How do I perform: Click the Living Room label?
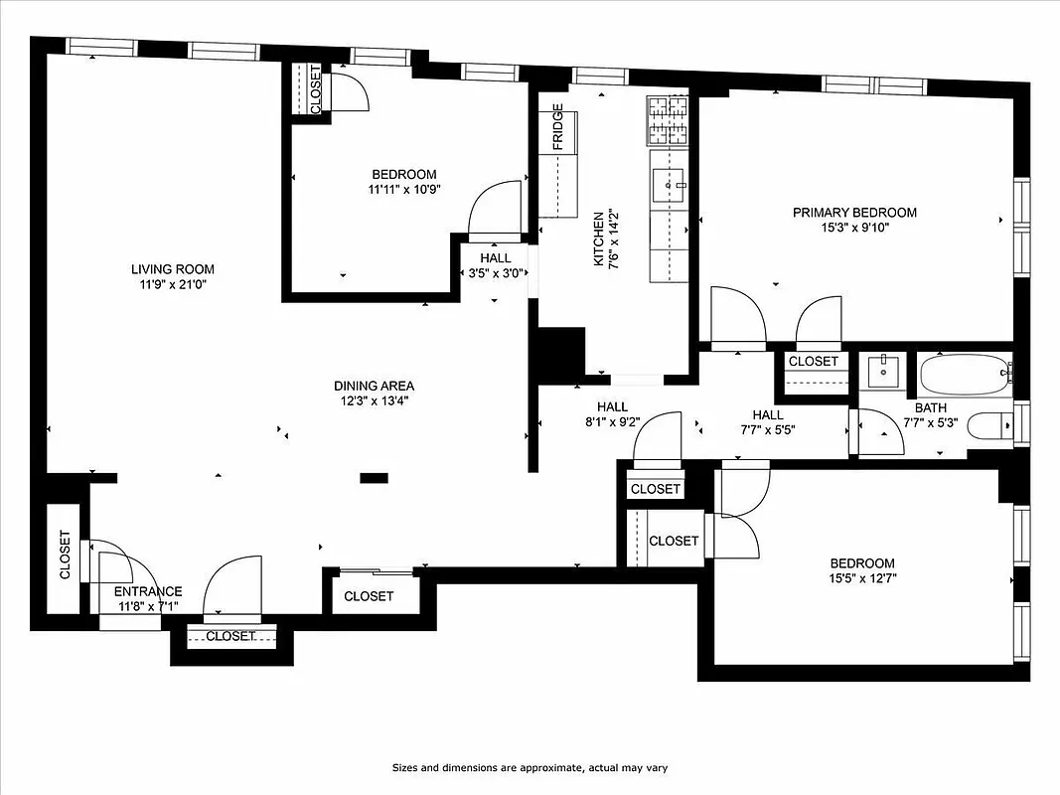pyautogui.click(x=173, y=269)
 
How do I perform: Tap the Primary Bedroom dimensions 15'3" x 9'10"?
pyautogui.click(x=854, y=228)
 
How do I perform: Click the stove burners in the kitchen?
pyautogui.click(x=668, y=119)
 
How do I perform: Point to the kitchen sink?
pyautogui.click(x=669, y=181)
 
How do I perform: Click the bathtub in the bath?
pyautogui.click(x=964, y=376)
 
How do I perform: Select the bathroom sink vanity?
pyautogui.click(x=881, y=372)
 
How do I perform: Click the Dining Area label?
pyautogui.click(x=374, y=386)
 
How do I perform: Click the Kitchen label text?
pyautogui.click(x=598, y=238)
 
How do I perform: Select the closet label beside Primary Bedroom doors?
pyautogui.click(x=814, y=361)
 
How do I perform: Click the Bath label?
pyautogui.click(x=931, y=407)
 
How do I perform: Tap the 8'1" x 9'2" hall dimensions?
pyautogui.click(x=612, y=421)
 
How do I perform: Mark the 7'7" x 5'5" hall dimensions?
pyautogui.click(x=767, y=430)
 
